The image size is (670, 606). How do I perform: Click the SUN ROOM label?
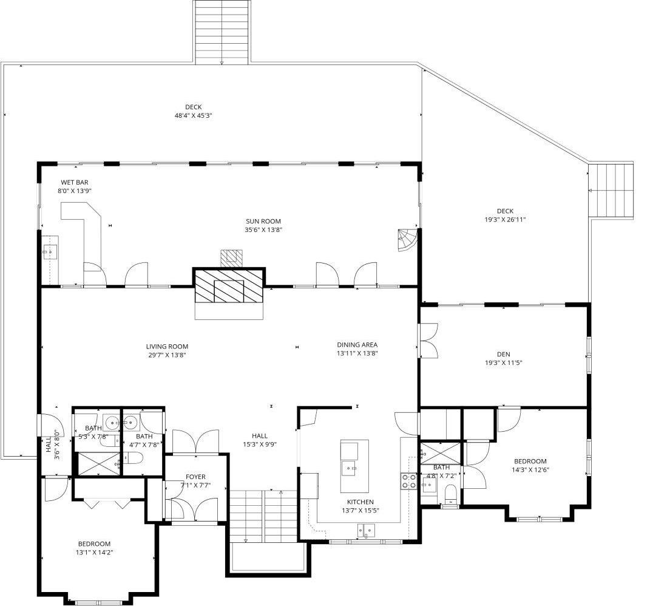[x=263, y=221]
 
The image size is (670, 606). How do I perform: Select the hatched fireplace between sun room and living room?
[x=229, y=286]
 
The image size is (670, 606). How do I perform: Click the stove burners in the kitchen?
[x=408, y=481]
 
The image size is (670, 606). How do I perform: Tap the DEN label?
[x=504, y=354]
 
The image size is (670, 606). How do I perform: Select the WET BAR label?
[x=74, y=182]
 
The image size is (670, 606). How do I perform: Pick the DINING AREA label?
[x=357, y=344]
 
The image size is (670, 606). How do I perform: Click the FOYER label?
[x=195, y=477]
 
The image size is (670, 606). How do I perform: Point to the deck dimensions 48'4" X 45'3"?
[x=193, y=115]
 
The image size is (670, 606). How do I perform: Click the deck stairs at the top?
[x=222, y=30]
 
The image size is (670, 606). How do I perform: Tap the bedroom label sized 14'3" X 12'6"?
[x=530, y=461]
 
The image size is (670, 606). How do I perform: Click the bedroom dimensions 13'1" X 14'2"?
[x=95, y=553]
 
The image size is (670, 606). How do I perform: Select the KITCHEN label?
[x=360, y=502]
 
